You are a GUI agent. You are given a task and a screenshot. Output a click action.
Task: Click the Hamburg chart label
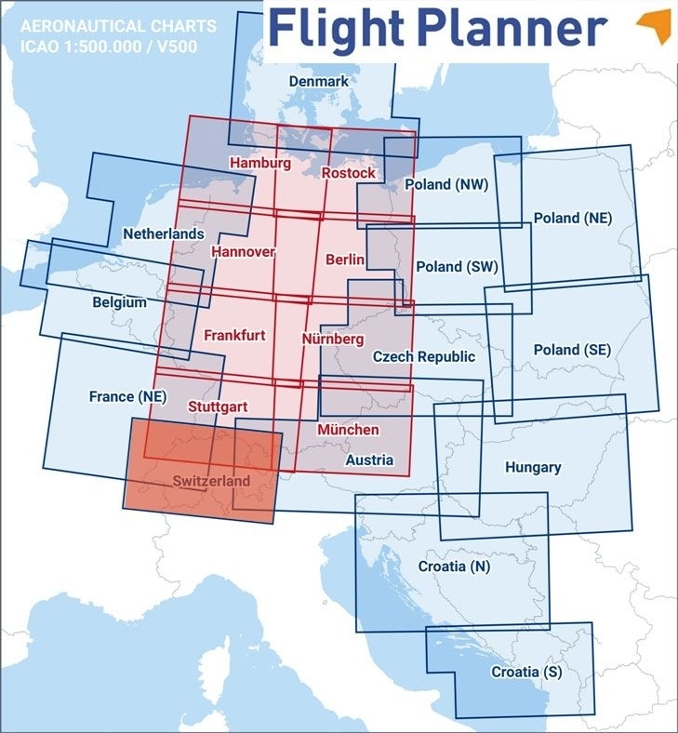[259, 163]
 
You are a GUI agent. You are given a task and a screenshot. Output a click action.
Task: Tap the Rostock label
[349, 172]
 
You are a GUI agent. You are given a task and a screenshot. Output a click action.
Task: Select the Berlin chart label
[345, 260]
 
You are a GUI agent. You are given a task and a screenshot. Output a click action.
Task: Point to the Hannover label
[243, 251]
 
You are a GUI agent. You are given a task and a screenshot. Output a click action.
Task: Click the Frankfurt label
[234, 334]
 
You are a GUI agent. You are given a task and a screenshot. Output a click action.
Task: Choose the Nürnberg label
[333, 340]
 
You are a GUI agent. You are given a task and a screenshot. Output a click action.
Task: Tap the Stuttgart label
[217, 406]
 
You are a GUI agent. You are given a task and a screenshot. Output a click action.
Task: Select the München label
[348, 429]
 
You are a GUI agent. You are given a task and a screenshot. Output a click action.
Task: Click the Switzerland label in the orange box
[211, 481]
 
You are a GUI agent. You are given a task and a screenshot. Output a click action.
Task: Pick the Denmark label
[318, 81]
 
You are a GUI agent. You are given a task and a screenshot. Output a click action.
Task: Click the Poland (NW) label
[446, 184]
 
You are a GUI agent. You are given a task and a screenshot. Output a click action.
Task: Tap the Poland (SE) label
[572, 350]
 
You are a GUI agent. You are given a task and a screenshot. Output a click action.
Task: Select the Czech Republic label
[423, 356]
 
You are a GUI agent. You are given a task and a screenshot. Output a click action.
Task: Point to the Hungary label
[532, 467]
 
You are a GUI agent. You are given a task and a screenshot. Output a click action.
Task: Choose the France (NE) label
[126, 396]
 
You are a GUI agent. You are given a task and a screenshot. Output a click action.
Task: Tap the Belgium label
[119, 302]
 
